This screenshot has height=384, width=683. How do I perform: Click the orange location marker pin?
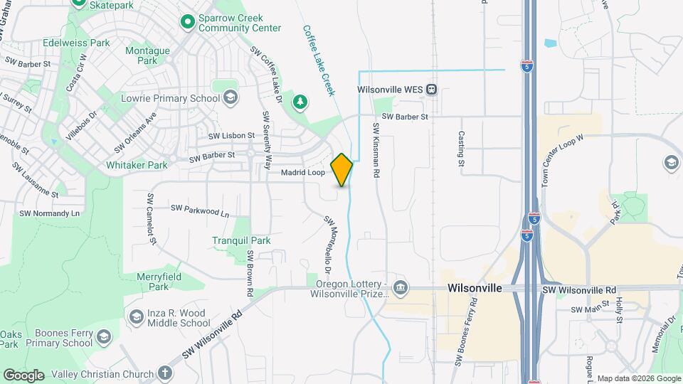pyautogui.click(x=342, y=169)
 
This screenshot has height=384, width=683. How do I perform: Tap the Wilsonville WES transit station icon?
pyautogui.click(x=432, y=90)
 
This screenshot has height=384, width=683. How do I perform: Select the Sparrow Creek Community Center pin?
pyautogui.click(x=188, y=23)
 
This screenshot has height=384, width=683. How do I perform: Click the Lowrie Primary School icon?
pyautogui.click(x=230, y=98)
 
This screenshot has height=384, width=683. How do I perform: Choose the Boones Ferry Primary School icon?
pyautogui.click(x=104, y=336)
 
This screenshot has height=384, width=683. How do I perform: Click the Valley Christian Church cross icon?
pyautogui.click(x=165, y=373)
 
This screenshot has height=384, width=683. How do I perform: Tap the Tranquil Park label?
pyautogui.click(x=241, y=240)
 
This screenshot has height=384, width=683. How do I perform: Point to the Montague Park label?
pyautogui.click(x=147, y=55)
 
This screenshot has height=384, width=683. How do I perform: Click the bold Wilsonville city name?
pyautogui.click(x=475, y=289)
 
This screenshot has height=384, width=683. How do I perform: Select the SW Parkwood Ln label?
pyautogui.click(x=200, y=210)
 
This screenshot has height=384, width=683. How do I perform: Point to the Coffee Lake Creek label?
pyautogui.click(x=318, y=61)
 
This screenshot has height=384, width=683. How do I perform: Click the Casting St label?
pyautogui.click(x=461, y=148)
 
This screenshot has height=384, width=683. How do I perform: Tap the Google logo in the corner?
pyautogui.click(x=23, y=375)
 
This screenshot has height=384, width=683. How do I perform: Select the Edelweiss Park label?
pyautogui.click(x=77, y=43)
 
